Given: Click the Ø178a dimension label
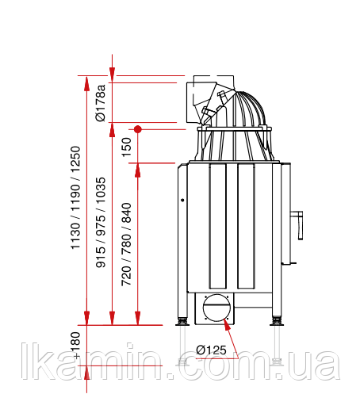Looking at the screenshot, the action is [101, 103].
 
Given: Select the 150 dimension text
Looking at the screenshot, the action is [127, 147].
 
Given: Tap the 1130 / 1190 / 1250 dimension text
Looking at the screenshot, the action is [75, 197].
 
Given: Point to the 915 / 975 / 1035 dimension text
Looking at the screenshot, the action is [101, 222].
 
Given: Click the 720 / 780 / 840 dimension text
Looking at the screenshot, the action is [126, 244].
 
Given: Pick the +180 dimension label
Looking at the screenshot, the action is [75, 345].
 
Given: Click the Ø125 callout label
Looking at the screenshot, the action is [211, 350].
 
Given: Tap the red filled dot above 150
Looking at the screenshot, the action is [137, 129].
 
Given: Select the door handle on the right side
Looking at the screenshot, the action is [297, 225].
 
